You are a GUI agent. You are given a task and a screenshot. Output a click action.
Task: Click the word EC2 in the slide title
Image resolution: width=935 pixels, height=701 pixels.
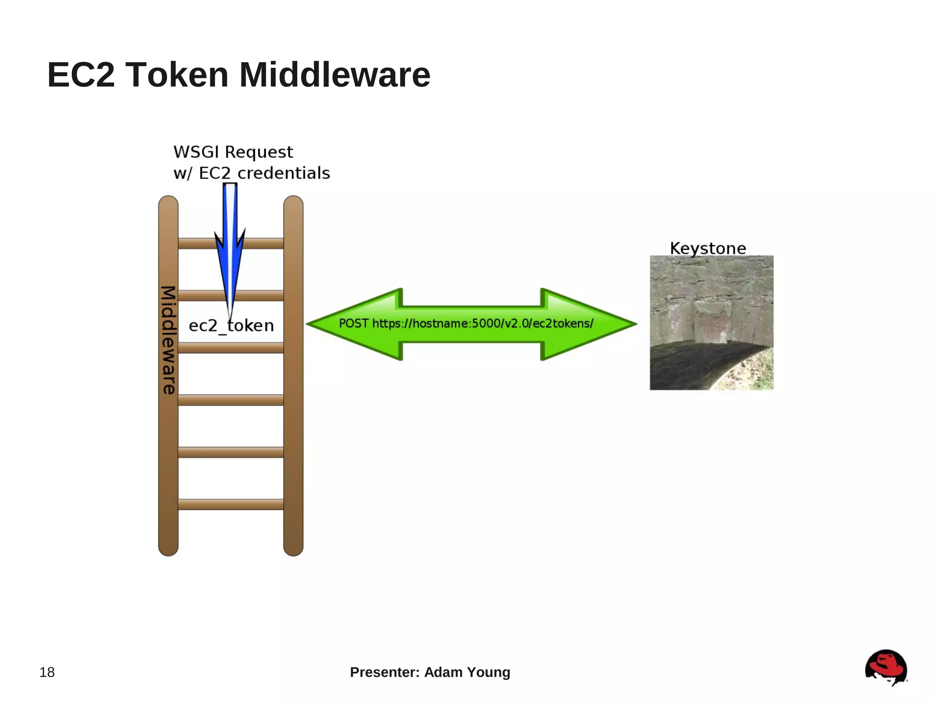pyautogui.click(x=81, y=75)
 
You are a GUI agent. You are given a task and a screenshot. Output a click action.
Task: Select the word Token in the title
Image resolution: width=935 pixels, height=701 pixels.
pyautogui.click(x=177, y=75)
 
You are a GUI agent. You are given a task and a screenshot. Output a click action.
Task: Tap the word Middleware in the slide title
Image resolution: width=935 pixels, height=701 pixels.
pyautogui.click(x=335, y=75)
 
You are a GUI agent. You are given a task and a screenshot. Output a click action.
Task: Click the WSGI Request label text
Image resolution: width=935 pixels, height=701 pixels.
pyautogui.click(x=233, y=152)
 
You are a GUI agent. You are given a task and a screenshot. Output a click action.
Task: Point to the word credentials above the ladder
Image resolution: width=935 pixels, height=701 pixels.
pyautogui.click(x=284, y=174)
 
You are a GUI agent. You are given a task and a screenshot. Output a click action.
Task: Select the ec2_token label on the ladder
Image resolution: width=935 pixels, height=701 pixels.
pyautogui.click(x=231, y=326)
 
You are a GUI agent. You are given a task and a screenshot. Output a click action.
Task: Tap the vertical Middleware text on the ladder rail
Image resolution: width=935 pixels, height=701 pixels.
pyautogui.click(x=168, y=340)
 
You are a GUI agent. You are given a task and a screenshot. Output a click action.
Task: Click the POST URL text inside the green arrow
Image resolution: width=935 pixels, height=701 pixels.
pyautogui.click(x=466, y=324)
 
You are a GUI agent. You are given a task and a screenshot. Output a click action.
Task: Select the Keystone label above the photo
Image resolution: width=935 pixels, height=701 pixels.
pyautogui.click(x=708, y=248)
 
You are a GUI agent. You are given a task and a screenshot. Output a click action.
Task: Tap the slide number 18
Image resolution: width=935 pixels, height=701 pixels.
pyautogui.click(x=47, y=672)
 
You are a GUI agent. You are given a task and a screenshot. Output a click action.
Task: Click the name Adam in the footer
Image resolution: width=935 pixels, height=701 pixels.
pyautogui.click(x=443, y=672)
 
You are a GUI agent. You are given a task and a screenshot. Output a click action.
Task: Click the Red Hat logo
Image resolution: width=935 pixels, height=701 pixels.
pyautogui.click(x=886, y=667)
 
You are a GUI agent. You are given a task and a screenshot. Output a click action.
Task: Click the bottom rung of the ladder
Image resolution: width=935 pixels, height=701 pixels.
pyautogui.click(x=231, y=504)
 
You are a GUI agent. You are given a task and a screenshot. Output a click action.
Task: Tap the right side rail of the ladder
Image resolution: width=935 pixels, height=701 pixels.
pyautogui.click(x=293, y=411)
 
